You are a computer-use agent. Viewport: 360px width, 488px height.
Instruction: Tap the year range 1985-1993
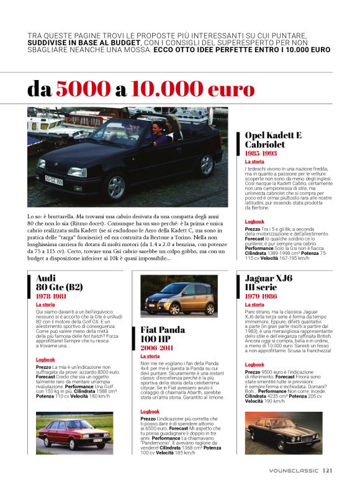261,153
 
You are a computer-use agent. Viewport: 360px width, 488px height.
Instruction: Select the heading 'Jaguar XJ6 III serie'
269,283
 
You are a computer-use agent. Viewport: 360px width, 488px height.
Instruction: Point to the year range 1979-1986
261,296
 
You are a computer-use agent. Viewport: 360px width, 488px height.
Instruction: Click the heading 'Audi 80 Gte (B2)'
58,283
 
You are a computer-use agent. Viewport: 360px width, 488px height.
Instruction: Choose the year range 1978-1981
52,296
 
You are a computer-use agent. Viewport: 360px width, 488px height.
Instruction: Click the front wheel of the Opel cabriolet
116,187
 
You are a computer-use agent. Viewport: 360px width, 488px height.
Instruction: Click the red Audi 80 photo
74,432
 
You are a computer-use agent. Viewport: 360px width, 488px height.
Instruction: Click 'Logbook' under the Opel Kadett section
254,221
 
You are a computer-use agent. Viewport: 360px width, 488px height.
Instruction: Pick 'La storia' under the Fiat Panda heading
150,357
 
